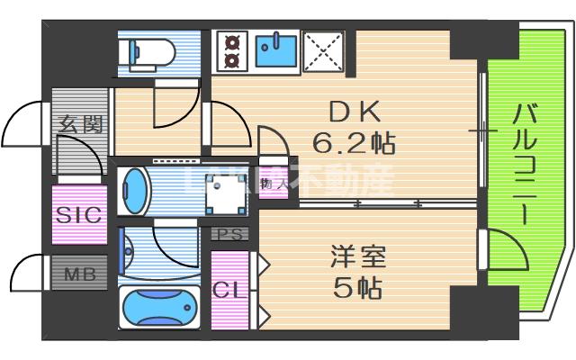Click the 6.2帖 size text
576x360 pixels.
(355, 142)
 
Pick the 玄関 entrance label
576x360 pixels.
(79, 125)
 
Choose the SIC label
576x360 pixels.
(79, 215)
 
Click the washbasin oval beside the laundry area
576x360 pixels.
(134, 191)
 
